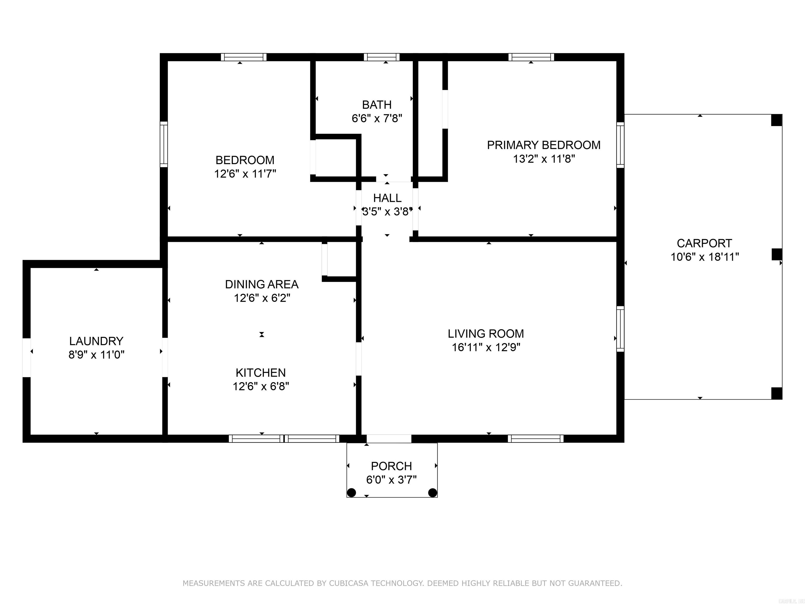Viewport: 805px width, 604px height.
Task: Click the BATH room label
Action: (x=377, y=105)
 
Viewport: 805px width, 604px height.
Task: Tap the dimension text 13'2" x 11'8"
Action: (x=544, y=159)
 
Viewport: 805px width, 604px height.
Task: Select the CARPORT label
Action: (x=704, y=243)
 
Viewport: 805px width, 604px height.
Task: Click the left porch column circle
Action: (x=351, y=493)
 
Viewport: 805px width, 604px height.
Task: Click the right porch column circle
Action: (x=432, y=493)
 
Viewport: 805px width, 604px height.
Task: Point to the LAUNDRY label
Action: (x=96, y=341)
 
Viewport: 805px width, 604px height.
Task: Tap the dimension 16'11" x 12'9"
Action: (x=486, y=347)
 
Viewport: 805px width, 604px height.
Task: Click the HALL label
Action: (x=387, y=198)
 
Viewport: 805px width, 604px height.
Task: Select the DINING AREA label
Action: (x=262, y=284)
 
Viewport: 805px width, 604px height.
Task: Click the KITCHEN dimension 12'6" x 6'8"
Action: (x=261, y=386)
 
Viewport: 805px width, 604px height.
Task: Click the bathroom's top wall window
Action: (x=381, y=57)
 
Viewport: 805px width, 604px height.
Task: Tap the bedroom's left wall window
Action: (x=164, y=144)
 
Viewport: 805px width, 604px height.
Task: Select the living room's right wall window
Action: (x=620, y=329)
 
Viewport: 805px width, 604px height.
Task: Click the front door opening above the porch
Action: (x=389, y=439)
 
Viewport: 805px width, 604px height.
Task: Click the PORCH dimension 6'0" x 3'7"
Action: (x=391, y=480)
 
